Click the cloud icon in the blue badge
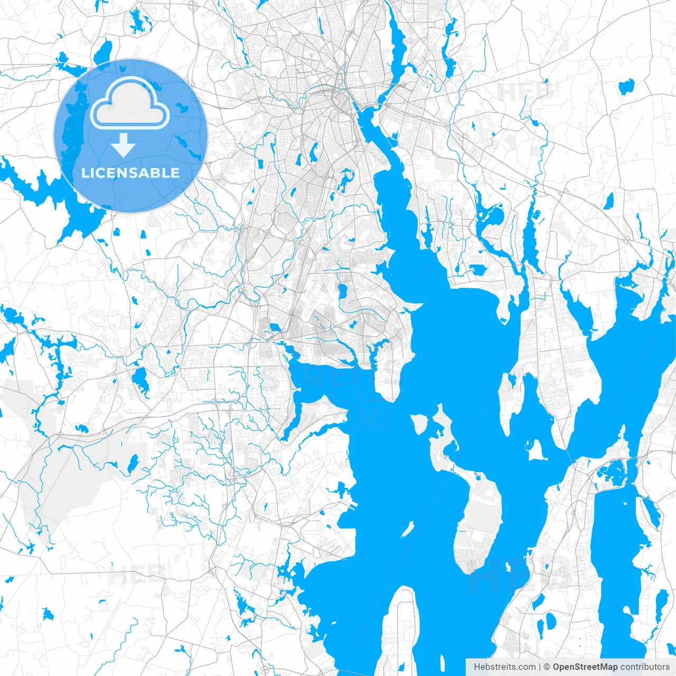[130, 104]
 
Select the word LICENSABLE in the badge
[130, 173]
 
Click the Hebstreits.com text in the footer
[505, 667]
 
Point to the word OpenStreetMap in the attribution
[585, 667]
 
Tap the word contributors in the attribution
[644, 667]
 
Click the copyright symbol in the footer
[547, 667]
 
